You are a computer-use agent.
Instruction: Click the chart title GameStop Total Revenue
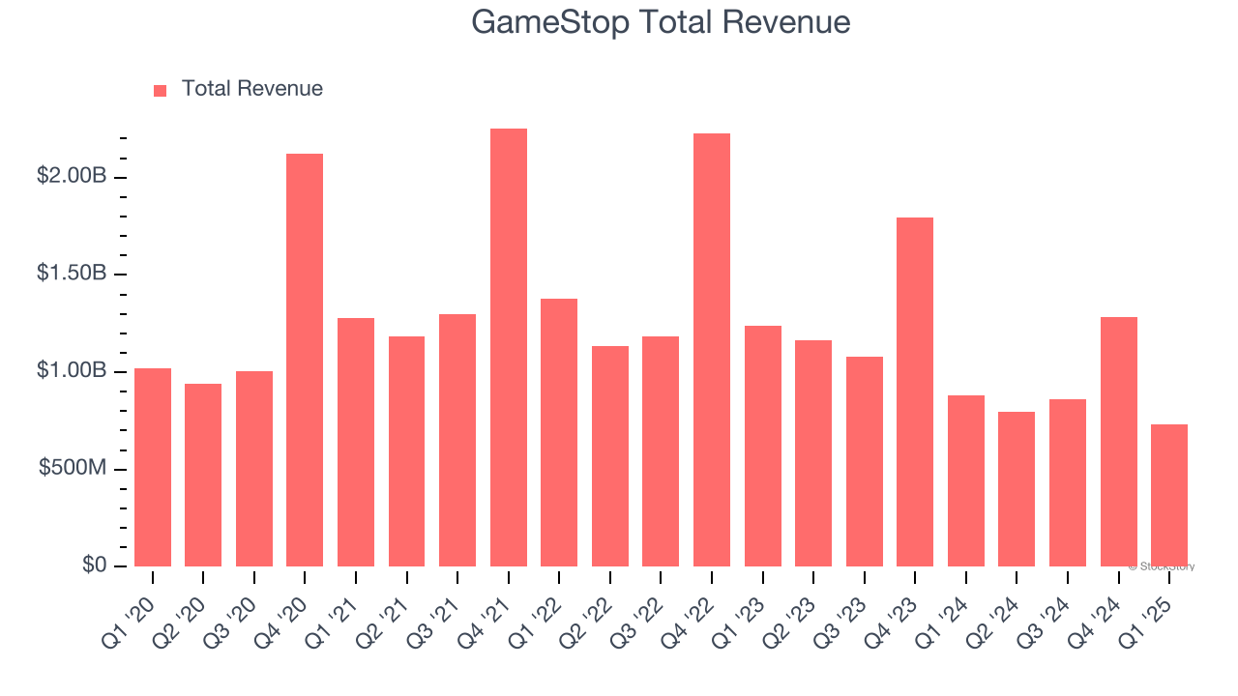[661, 22]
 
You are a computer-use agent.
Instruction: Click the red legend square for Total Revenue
[161, 90]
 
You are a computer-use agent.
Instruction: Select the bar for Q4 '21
[509, 347]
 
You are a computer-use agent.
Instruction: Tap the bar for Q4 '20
[305, 360]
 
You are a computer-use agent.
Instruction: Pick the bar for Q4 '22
[712, 350]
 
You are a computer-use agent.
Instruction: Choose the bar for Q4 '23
[915, 391]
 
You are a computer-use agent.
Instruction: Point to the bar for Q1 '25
[1169, 495]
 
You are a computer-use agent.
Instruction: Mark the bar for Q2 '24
[1017, 489]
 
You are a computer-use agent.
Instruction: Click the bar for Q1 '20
[153, 467]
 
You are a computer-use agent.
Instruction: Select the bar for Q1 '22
[559, 432]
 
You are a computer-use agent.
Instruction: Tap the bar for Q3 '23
[865, 461]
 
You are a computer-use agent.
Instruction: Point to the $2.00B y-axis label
[72, 176]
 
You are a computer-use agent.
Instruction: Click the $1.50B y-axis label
[72, 274]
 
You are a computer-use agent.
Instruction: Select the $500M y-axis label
[73, 468]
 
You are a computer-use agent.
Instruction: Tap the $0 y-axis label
[93, 565]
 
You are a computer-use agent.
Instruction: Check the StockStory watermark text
[1162, 566]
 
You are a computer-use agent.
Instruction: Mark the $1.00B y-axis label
[72, 371]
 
